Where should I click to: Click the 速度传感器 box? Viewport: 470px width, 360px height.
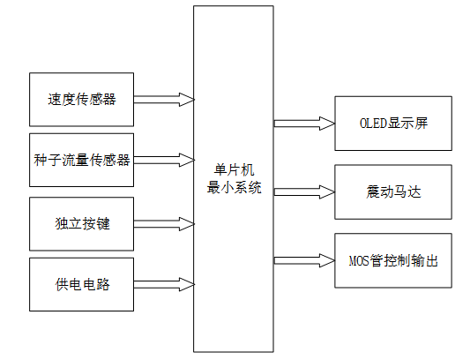81,99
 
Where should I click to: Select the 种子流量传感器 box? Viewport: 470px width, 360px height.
81,160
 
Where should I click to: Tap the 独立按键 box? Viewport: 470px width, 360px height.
81,222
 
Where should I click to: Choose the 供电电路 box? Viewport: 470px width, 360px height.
81,283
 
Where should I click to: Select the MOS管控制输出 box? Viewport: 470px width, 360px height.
393,260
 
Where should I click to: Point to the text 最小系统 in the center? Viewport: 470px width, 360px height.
234,189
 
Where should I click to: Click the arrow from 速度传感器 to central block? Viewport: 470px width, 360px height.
163,99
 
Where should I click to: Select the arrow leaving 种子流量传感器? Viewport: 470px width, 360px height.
163,160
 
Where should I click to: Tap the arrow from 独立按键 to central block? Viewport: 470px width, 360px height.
163,222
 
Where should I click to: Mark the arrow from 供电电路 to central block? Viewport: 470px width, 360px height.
163,283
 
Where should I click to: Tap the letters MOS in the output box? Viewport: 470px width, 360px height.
359,260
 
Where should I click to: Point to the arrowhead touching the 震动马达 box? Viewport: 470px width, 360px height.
328,191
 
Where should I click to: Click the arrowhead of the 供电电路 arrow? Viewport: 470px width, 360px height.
186,283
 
